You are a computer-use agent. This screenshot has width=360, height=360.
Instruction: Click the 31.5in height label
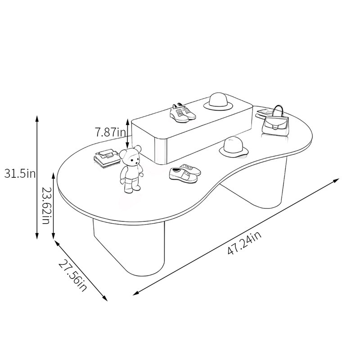tap(20, 173)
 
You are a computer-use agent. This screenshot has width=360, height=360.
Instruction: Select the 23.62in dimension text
tap(46, 206)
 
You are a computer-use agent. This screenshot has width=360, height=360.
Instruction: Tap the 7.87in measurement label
tap(111, 132)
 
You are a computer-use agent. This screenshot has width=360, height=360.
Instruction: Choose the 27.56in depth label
tap(73, 275)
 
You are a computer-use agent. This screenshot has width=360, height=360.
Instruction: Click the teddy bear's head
tap(130, 157)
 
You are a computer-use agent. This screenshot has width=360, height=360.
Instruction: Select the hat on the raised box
tap(218, 100)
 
